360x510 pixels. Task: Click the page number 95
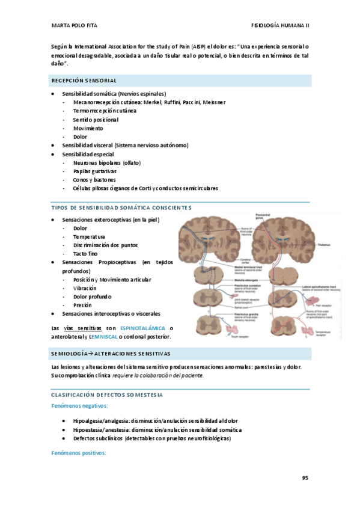coord(305,478)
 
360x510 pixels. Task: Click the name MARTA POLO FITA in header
coord(75,25)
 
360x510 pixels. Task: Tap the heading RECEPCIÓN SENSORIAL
coord(84,81)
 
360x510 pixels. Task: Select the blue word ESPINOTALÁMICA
coord(144,328)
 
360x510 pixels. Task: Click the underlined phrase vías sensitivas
coord(82,328)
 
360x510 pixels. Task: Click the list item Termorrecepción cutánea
coord(105,111)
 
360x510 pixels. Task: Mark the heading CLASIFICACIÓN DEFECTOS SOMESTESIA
coord(107,395)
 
